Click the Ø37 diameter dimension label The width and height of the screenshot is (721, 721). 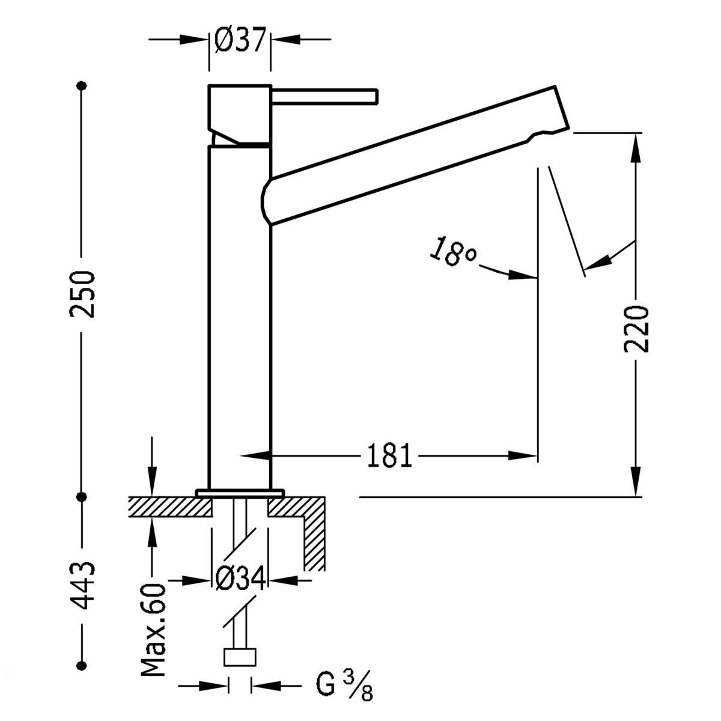[240, 40]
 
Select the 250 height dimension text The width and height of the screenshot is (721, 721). [83, 294]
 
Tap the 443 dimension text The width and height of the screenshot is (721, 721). [83, 585]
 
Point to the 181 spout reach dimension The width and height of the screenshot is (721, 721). [389, 456]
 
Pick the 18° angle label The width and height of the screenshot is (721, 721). [452, 252]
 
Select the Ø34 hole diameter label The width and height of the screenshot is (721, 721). [240, 580]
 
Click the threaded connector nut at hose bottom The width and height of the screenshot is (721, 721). [240, 657]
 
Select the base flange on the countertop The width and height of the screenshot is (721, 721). [239, 493]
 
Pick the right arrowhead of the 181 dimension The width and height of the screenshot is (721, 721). [523, 456]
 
